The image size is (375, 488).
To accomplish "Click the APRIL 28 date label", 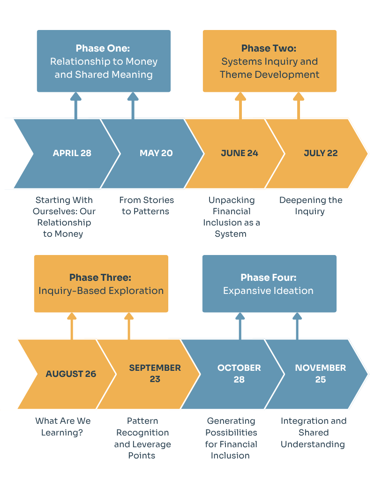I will coord(72,153).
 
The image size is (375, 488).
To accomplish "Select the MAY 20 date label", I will coord(156,153).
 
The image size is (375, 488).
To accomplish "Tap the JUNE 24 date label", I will coord(240,153).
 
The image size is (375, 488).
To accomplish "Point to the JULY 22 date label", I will coord(321,153).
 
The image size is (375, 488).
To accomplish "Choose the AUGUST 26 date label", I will coord(71,374).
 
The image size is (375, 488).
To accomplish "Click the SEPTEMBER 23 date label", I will coord(155,374).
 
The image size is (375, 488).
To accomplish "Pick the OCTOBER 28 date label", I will coord(239,374).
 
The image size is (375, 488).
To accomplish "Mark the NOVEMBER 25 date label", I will coord(321,374).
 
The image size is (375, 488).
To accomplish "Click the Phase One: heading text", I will coord(103,48).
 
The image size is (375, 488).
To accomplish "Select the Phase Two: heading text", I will coord(269,48).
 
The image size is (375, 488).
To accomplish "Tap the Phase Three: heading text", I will coord(100,278).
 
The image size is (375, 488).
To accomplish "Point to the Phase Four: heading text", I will coord(269,278).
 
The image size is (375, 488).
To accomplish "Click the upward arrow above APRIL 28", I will coord(76,105).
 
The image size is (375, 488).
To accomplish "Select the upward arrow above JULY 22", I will coord(298,105).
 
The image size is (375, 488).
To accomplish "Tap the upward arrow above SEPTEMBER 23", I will coord(129,326).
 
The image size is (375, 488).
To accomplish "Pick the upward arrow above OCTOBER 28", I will coord(240,326).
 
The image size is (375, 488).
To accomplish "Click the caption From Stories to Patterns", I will coord(146,206).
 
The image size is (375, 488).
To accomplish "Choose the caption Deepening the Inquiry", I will coord(310,206).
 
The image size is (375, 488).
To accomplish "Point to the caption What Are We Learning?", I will coord(63,427).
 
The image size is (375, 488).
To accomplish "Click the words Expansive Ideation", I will coord(268,291).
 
